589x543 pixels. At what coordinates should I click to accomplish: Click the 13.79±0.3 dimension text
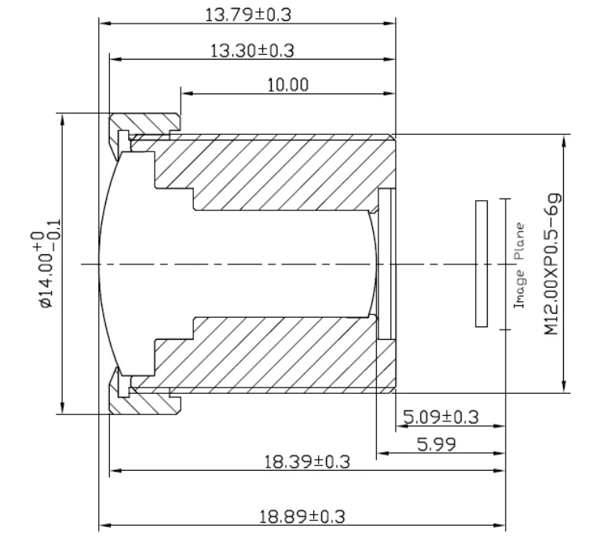click(248, 15)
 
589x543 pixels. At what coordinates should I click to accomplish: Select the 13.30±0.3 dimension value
click(252, 51)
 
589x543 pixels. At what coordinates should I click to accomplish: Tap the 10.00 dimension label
click(287, 85)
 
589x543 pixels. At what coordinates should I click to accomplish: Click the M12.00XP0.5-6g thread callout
click(553, 264)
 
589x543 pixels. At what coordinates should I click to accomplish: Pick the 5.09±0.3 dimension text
click(441, 417)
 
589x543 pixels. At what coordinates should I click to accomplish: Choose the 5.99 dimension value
click(437, 444)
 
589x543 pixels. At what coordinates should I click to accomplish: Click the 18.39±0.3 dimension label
click(307, 461)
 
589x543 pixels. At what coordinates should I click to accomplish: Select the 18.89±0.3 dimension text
click(302, 517)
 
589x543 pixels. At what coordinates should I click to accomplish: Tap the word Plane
click(520, 242)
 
